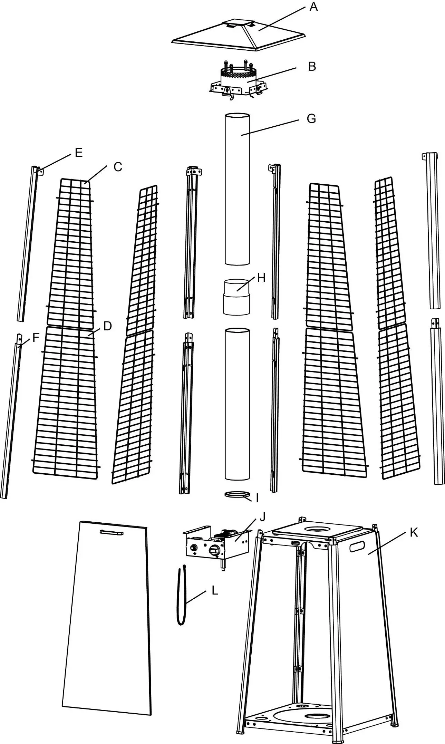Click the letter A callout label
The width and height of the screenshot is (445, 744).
point(313,7)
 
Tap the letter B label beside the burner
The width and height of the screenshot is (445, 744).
point(312,66)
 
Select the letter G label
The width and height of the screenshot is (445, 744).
point(311,119)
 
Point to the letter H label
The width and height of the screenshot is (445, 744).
point(261,278)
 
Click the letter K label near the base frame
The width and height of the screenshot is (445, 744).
point(414,533)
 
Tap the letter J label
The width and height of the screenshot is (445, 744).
point(262,517)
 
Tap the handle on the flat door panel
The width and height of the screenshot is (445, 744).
point(111,533)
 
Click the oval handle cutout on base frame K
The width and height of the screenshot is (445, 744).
point(357,546)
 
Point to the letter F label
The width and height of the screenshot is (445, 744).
point(36,337)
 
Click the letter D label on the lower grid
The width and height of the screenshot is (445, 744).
point(107,326)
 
